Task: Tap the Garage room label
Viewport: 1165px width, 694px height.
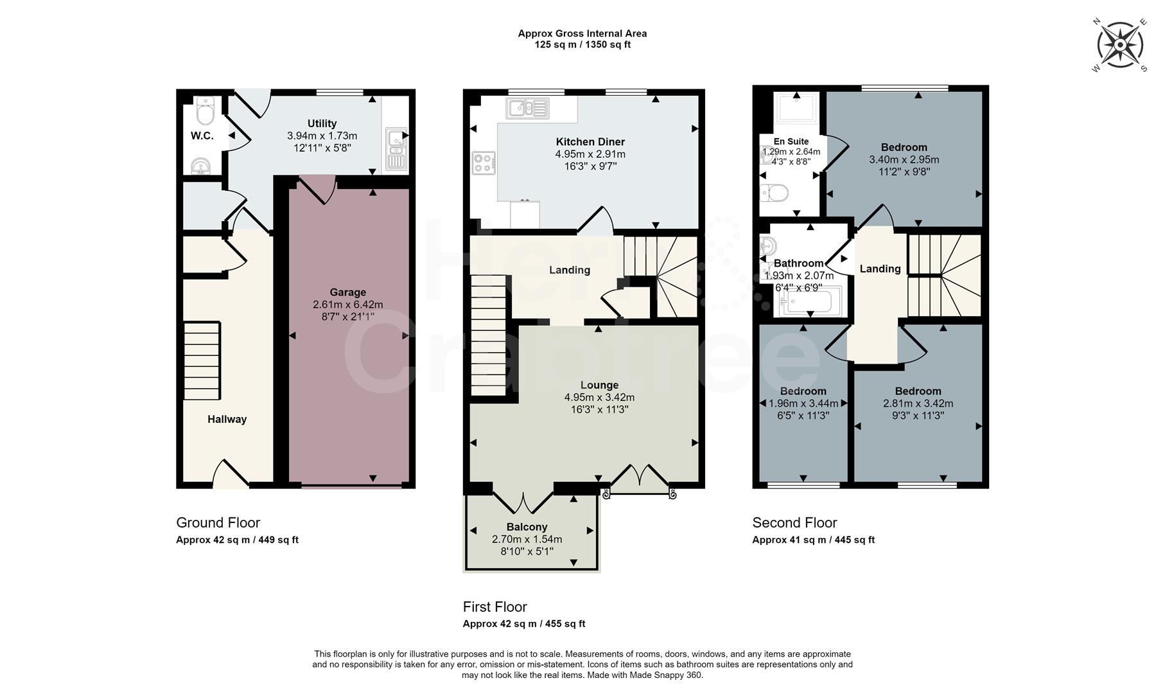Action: click(x=347, y=292)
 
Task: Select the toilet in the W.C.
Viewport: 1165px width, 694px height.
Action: click(x=205, y=112)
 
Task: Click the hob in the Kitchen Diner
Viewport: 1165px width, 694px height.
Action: click(x=484, y=163)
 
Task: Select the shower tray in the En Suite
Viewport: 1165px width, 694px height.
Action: click(x=797, y=108)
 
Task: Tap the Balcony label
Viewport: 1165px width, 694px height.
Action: click(x=527, y=527)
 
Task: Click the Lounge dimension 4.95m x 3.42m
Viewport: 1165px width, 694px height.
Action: click(x=599, y=398)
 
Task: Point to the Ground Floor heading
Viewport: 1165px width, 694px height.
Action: click(x=218, y=522)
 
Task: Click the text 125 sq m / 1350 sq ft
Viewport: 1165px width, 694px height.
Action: click(x=582, y=45)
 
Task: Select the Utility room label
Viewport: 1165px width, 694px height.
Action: click(x=322, y=123)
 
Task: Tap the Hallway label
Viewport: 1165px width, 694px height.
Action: click(x=227, y=420)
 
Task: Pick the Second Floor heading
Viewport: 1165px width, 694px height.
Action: click(x=794, y=522)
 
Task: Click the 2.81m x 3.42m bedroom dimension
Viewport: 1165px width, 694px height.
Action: click(x=918, y=404)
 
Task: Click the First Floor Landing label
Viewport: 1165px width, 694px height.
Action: click(x=569, y=270)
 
